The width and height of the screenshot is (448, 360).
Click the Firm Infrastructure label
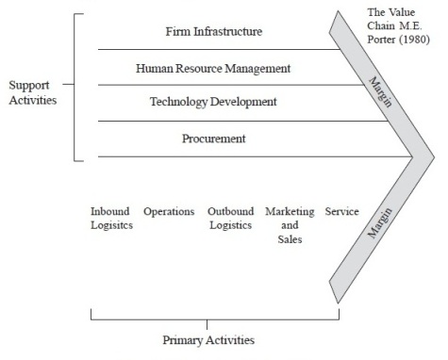214,31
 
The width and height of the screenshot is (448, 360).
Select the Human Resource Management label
213,69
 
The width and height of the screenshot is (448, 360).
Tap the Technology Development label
213,102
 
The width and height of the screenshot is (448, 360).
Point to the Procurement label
214,139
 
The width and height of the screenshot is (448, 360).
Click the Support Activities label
33,92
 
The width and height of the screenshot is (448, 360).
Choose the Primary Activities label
208,340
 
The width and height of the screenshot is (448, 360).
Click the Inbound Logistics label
111,219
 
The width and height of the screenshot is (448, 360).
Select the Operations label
169,212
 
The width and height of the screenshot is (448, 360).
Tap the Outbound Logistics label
231,219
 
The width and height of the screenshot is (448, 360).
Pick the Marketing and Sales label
290,225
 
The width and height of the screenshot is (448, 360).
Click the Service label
341,211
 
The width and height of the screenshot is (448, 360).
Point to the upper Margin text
380,92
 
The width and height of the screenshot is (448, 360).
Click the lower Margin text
380,222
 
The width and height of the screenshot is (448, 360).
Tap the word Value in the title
402,12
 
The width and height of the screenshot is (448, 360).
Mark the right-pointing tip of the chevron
435,157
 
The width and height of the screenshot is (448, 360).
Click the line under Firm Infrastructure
219,49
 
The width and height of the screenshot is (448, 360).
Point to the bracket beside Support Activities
75,88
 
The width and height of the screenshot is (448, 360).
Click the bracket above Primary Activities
215,319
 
